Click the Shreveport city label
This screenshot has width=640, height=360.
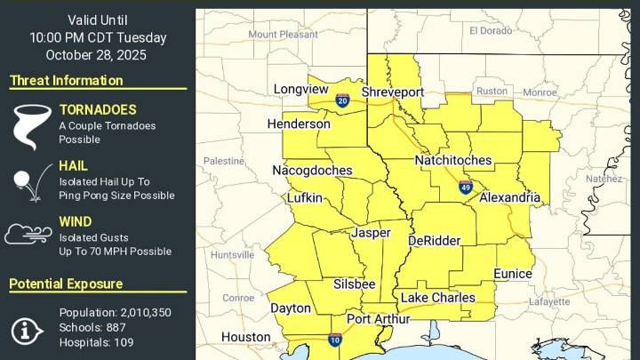point(392,92)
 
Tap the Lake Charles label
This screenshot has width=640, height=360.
point(437,298)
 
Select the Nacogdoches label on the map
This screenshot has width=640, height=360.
point(312,171)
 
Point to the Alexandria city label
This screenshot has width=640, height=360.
point(509,196)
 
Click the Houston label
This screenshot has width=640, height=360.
point(245,338)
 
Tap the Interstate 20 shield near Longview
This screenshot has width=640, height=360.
point(342,100)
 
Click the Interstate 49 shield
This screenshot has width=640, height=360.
point(466,187)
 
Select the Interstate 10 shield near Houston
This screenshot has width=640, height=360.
point(334,340)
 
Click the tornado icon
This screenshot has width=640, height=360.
point(29,126)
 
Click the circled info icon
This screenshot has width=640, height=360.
point(28,330)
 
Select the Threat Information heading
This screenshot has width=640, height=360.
point(66,81)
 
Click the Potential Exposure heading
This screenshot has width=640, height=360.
point(66,284)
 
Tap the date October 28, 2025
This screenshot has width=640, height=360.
point(97,55)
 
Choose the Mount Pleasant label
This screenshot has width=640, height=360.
point(283,34)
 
